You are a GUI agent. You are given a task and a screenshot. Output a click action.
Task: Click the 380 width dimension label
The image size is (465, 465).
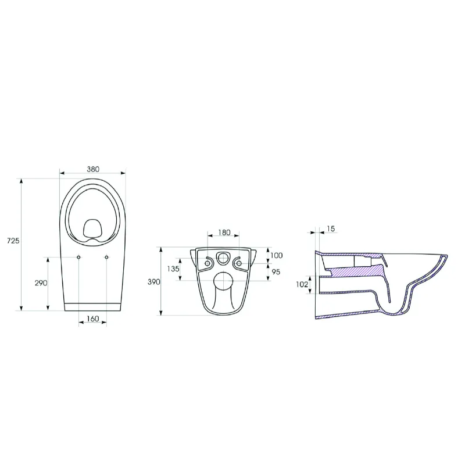pos(93,169)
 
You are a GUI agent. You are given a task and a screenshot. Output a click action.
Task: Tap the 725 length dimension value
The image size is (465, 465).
pos(13,241)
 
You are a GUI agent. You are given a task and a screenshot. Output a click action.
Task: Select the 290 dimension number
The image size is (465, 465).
pos(41,283)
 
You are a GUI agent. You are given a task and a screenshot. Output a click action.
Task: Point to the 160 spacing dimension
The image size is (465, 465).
pos(93,319)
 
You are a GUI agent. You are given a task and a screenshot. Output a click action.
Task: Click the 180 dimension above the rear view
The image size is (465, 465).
pos(224,233)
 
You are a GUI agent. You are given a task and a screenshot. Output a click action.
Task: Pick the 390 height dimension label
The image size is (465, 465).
pos(154,282)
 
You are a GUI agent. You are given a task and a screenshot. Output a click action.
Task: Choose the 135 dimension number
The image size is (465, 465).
pos(173,269)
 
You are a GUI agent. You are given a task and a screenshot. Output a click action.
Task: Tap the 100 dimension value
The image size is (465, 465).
pos(277,255)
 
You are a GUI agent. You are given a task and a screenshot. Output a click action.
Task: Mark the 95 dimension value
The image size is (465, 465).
pos(276,271)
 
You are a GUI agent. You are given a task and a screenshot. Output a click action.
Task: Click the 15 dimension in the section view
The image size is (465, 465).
pos(331,228)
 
